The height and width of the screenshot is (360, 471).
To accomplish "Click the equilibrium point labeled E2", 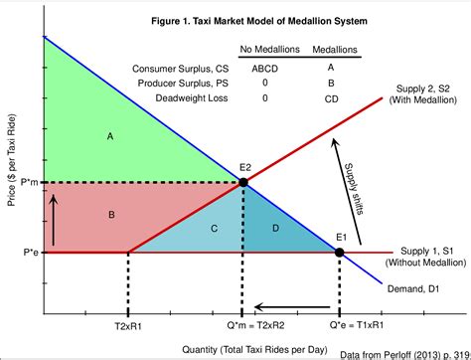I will tap(242, 182).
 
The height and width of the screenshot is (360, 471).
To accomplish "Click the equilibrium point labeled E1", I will tap(340, 253).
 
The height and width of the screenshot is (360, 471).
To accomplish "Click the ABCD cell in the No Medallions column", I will tap(259, 68).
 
